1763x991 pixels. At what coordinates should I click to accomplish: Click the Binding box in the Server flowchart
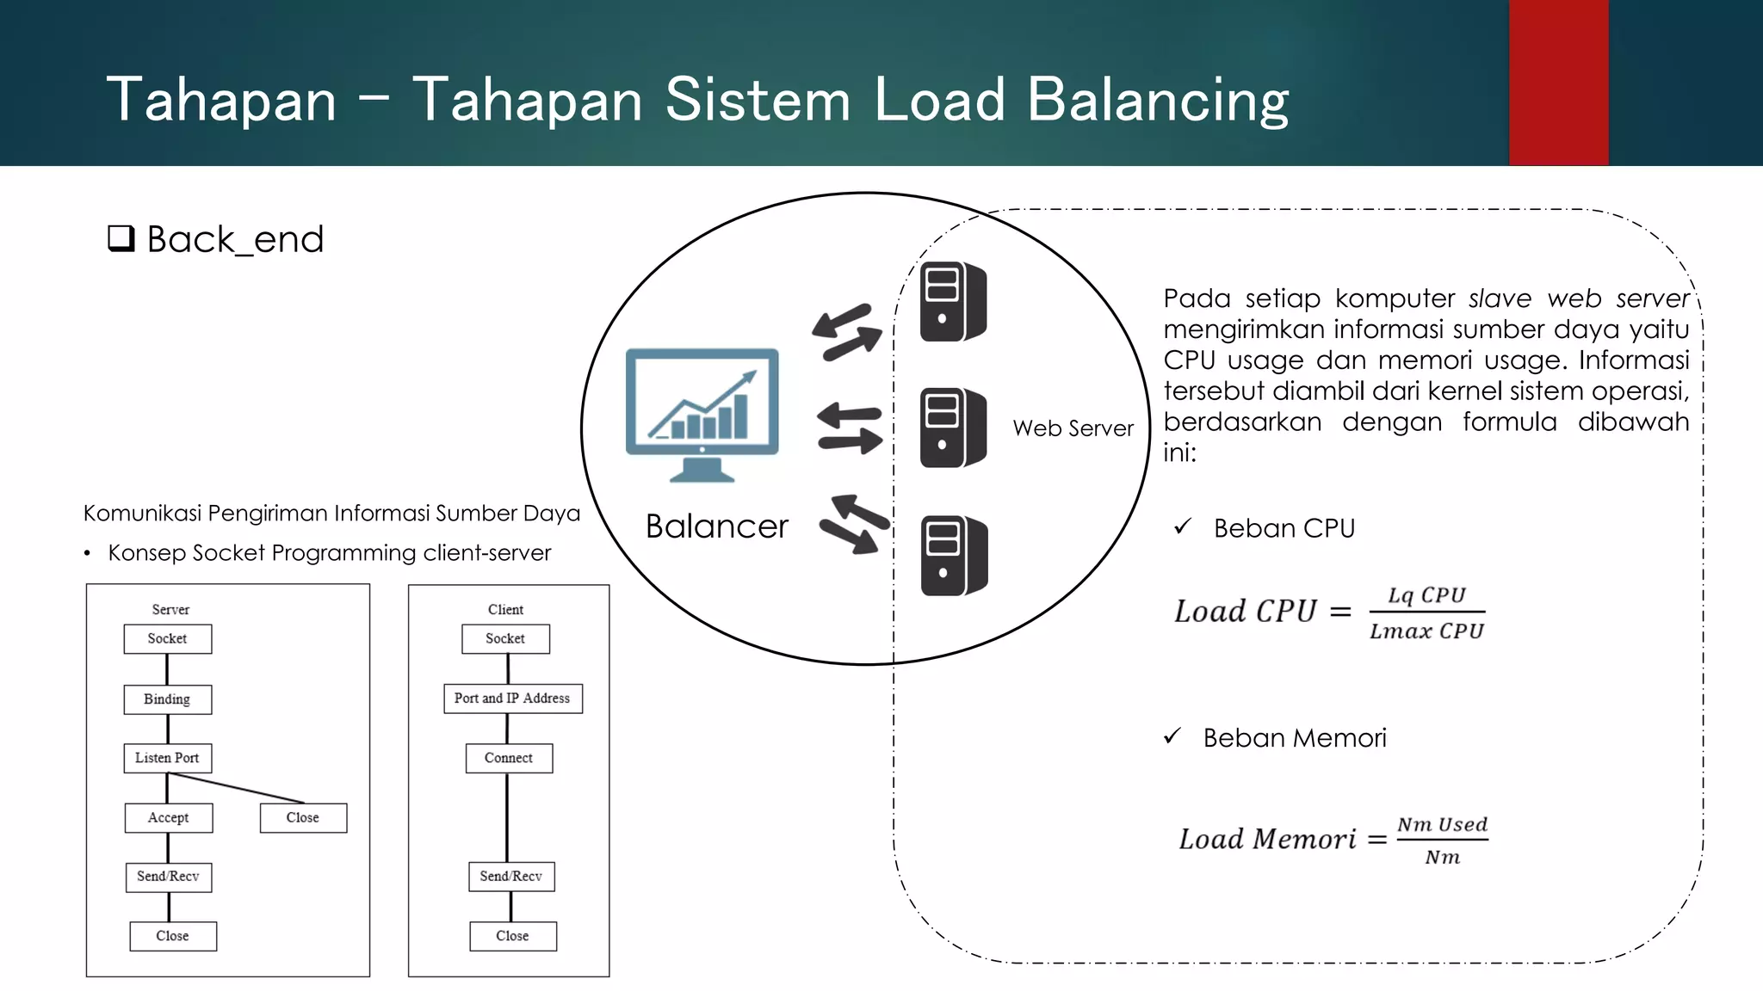(x=167, y=699)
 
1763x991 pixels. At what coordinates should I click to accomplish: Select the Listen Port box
(x=167, y=758)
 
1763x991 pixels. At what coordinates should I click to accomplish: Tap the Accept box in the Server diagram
(x=168, y=817)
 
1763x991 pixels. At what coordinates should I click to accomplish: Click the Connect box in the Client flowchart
(x=509, y=758)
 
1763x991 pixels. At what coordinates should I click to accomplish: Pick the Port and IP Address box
(x=512, y=699)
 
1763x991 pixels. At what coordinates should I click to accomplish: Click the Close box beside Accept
(x=303, y=817)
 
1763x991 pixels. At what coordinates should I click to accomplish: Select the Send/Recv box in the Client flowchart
(x=511, y=876)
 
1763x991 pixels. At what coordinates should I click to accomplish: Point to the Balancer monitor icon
(x=702, y=414)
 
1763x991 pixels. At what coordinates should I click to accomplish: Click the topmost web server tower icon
(x=953, y=302)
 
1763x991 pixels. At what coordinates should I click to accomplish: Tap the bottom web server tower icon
(x=954, y=556)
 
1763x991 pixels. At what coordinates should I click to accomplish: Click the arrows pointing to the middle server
(x=849, y=428)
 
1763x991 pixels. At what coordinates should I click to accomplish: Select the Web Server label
(x=1073, y=428)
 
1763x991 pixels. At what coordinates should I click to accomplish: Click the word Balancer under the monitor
(x=716, y=526)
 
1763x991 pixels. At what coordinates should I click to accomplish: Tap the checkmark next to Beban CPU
(x=1183, y=526)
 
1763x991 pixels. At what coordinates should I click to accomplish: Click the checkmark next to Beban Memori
(x=1172, y=736)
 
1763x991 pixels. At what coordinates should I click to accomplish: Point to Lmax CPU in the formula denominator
(x=1426, y=631)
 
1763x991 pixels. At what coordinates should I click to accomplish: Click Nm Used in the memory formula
(x=1442, y=824)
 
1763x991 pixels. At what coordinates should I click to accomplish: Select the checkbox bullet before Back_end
(x=121, y=237)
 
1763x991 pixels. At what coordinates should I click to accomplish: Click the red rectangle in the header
(x=1558, y=83)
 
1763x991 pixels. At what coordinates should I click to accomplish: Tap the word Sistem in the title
(x=758, y=100)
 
